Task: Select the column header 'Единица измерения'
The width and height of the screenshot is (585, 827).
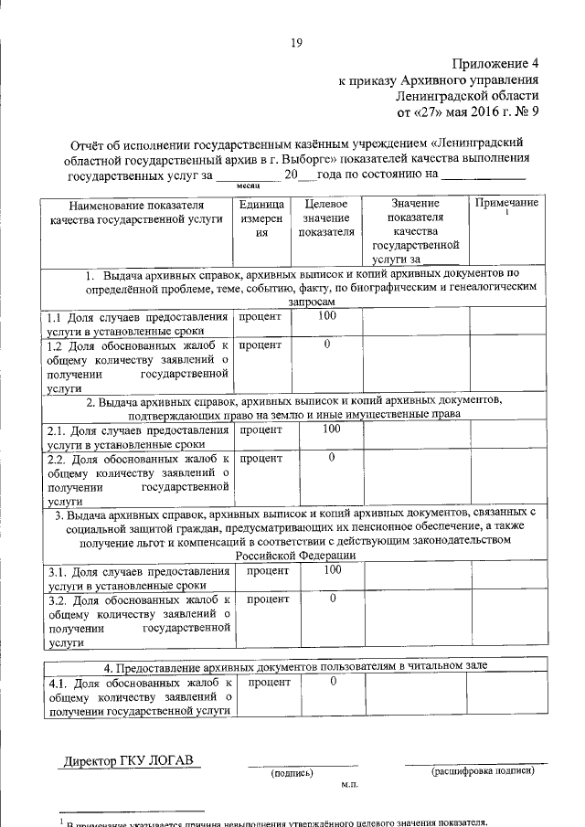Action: point(262,218)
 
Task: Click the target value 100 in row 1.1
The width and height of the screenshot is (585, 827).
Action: point(326,316)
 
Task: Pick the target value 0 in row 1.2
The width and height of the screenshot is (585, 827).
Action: point(326,345)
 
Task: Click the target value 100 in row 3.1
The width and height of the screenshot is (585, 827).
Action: point(333,569)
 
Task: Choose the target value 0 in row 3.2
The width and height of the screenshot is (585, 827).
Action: point(333,599)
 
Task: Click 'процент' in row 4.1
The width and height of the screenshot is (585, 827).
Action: point(269,682)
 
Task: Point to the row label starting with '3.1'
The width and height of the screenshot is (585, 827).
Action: point(138,578)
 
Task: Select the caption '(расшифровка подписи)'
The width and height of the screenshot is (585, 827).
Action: point(483,771)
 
